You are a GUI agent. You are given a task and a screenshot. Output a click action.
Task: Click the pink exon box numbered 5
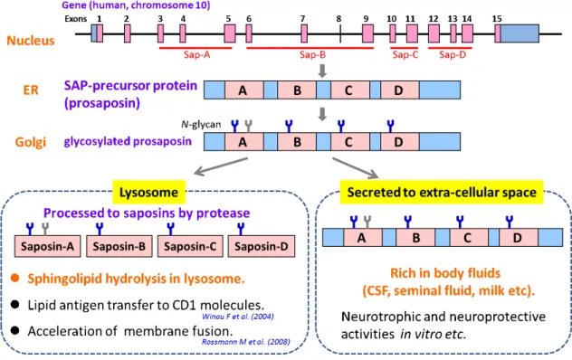[230, 33]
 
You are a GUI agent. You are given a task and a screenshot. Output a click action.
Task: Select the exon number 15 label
[497, 19]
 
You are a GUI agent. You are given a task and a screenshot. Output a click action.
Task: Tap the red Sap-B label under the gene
[312, 55]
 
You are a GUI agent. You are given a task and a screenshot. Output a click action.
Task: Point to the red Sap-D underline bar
[450, 48]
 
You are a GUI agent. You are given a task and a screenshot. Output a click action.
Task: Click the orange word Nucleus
[31, 40]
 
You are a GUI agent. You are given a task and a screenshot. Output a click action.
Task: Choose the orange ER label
[31, 90]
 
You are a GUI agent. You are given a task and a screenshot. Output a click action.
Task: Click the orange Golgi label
[30, 142]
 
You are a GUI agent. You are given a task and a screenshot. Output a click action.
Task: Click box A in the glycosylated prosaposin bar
[243, 141]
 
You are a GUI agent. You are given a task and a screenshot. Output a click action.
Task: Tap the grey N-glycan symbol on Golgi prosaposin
[248, 127]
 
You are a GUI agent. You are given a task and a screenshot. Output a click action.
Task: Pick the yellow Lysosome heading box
[148, 192]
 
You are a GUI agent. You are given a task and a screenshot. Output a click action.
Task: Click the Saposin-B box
[119, 247]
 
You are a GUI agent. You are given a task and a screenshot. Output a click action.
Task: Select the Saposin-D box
[262, 247]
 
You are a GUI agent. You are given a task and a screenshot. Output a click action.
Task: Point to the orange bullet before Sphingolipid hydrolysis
[15, 279]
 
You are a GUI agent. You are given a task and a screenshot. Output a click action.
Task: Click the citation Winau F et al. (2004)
[238, 317]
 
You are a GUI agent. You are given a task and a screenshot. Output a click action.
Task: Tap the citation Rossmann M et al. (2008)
[246, 342]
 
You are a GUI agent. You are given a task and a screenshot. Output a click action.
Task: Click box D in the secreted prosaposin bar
[519, 238]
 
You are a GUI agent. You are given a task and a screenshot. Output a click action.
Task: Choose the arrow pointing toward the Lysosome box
[221, 166]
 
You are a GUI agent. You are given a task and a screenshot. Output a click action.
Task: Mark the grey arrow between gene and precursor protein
[322, 71]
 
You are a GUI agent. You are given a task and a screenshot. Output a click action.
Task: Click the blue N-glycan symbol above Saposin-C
[170, 229]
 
